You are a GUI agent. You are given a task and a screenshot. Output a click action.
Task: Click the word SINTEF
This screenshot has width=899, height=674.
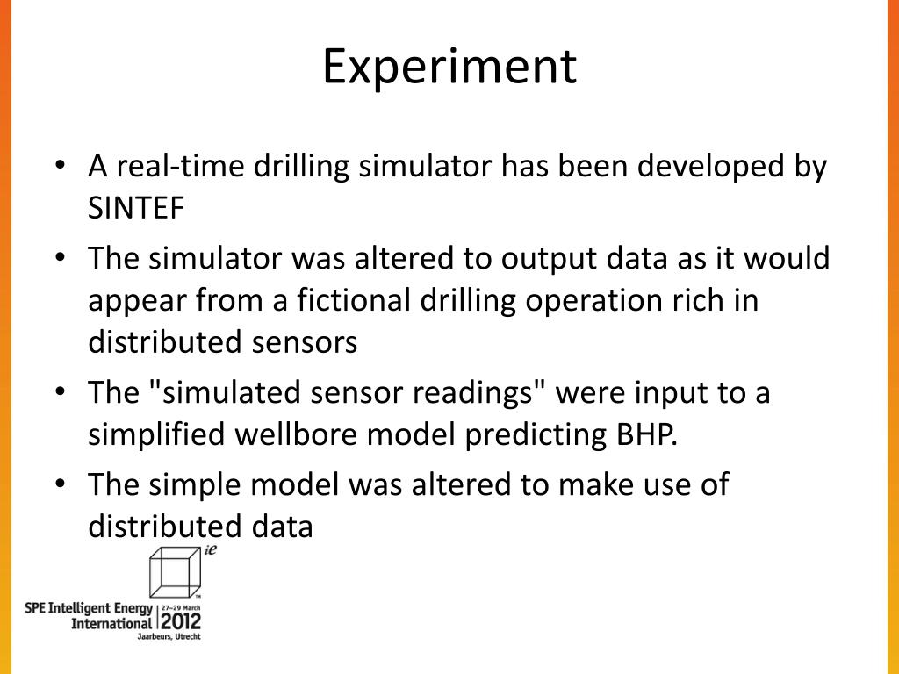click(136, 207)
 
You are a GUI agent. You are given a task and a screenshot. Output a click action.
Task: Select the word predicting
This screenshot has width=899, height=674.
click(536, 435)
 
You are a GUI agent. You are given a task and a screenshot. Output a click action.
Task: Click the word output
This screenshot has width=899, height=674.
click(549, 259)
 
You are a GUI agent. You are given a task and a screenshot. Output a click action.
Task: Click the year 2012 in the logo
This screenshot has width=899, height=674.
click(181, 621)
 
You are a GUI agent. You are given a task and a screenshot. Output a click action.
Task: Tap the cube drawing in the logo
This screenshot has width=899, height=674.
click(176, 572)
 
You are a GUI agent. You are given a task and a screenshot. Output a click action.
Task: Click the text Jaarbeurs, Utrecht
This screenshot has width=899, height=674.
click(169, 637)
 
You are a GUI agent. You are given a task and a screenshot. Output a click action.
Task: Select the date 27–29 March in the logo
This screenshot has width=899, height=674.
click(181, 607)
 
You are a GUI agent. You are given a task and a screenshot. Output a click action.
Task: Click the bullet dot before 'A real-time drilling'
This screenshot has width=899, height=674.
click(61, 166)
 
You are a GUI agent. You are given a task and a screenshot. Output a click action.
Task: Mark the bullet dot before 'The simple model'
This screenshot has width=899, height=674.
click(61, 484)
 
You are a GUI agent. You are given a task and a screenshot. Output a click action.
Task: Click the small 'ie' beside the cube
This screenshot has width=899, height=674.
click(211, 550)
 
